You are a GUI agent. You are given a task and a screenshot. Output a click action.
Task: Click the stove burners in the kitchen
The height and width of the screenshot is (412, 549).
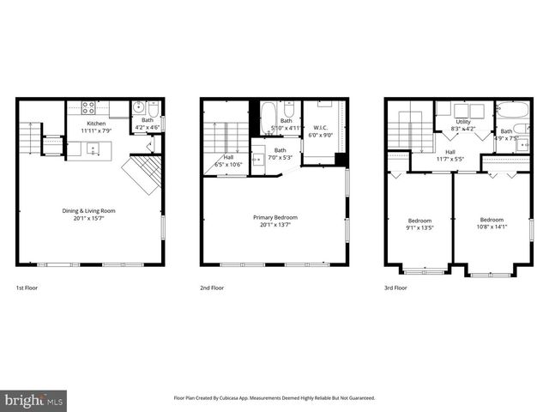point(87,107)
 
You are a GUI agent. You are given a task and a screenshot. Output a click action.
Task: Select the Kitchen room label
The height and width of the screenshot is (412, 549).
point(96,124)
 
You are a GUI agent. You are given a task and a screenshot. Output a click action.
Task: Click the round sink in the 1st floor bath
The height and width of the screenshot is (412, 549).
point(138,109)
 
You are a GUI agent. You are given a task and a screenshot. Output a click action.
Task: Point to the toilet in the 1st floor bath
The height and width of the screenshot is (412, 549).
point(153,109)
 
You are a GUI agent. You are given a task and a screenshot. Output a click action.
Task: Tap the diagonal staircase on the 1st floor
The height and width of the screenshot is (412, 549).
point(142,173)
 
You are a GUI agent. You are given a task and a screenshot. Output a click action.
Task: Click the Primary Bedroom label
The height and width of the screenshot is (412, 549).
point(274,217)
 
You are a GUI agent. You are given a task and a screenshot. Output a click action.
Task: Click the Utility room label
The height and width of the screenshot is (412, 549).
point(463,122)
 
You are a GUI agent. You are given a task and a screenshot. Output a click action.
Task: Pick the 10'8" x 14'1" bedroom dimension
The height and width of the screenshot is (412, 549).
point(492,227)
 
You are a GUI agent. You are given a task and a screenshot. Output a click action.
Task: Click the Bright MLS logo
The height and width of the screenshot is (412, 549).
point(34,400)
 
